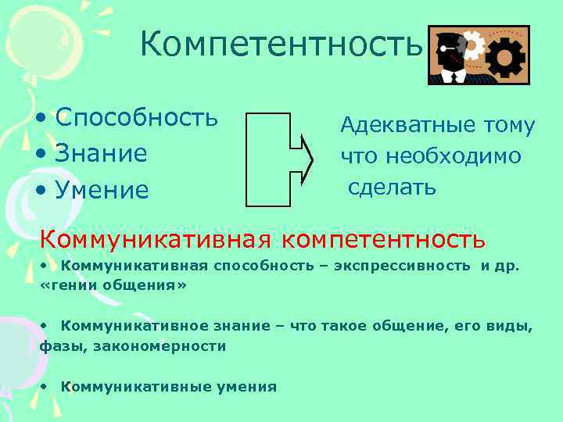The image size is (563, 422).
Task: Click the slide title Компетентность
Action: click(281, 45)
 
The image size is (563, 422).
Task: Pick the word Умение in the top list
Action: click(102, 189)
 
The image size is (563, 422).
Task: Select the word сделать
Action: click(392, 188)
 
